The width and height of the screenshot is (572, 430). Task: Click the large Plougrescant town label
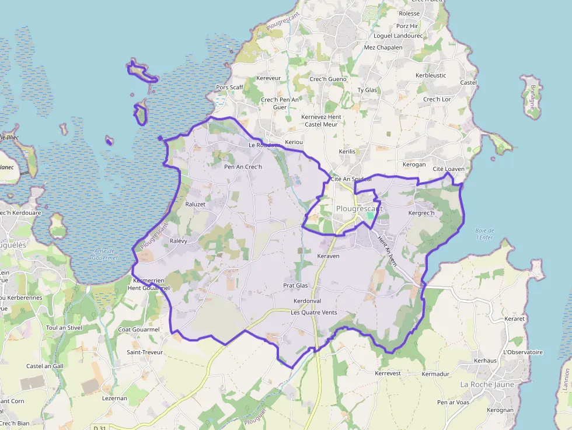click(359, 208)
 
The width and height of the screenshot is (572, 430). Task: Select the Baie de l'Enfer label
click(485, 234)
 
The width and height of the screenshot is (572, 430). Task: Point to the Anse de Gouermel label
click(106, 254)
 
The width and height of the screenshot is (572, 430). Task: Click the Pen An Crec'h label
click(243, 167)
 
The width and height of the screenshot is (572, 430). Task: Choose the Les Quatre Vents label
click(314, 313)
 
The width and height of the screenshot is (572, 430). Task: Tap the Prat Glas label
click(295, 285)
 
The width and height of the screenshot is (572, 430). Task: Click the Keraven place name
click(328, 256)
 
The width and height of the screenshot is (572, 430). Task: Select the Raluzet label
click(196, 204)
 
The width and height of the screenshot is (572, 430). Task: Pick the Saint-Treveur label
click(145, 352)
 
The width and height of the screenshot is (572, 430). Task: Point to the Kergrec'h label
click(422, 213)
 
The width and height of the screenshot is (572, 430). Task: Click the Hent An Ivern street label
click(387, 251)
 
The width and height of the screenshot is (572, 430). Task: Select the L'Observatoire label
click(523, 352)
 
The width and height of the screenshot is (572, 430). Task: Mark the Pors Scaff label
click(229, 88)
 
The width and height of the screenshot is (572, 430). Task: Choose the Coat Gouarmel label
click(139, 330)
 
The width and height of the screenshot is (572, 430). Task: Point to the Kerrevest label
click(388, 373)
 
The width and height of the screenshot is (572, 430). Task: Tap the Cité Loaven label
click(449, 169)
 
